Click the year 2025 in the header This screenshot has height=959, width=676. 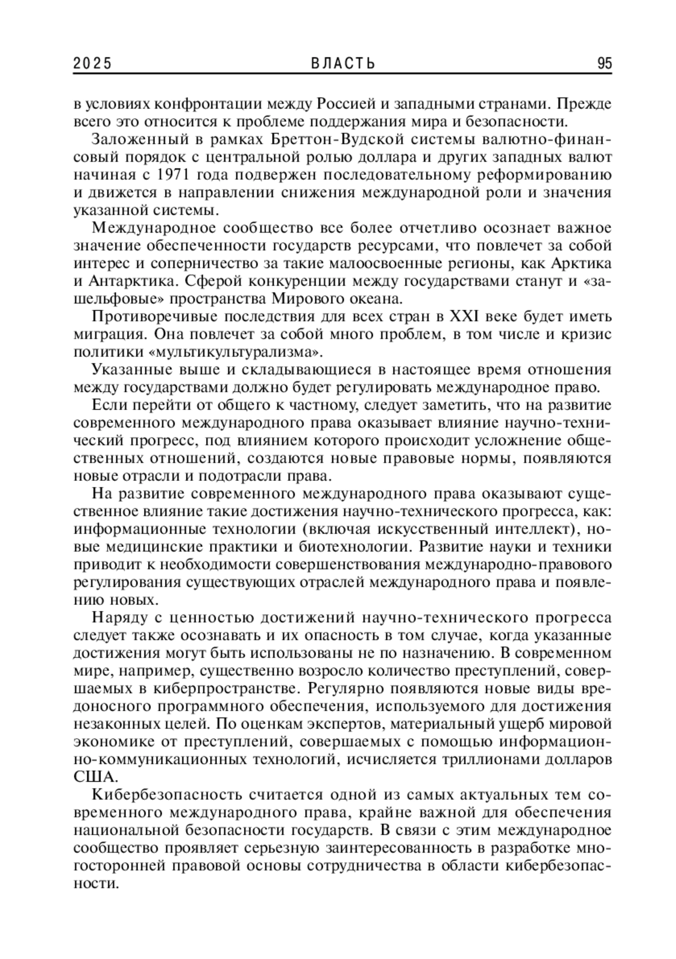coord(92,64)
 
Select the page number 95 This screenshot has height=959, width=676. coord(604,64)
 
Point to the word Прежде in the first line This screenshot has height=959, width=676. coord(584,104)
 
